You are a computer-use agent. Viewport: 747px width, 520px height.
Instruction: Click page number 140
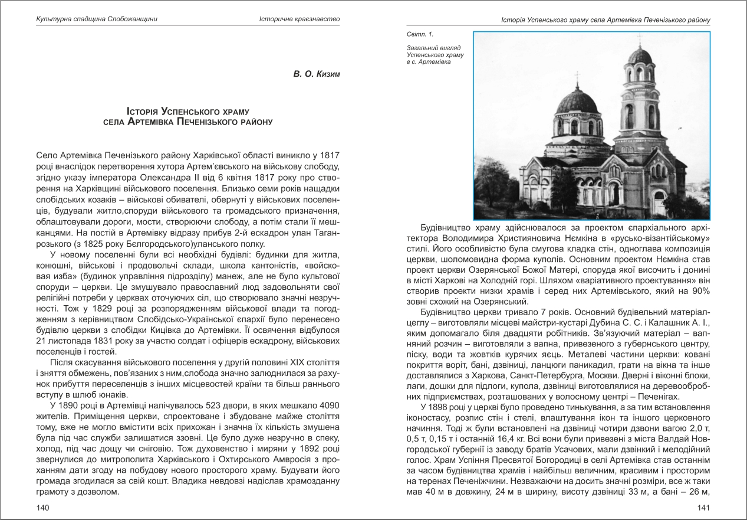43,508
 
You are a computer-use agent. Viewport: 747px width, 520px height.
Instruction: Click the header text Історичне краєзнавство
300,19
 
